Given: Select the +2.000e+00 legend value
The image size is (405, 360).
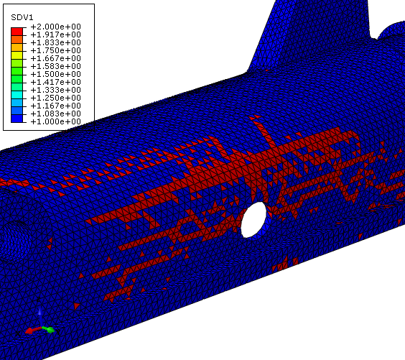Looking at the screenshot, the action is [x=56, y=27].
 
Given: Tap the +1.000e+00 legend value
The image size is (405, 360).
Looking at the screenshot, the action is [x=56, y=121].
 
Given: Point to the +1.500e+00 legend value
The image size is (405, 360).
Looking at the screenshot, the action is [x=56, y=74].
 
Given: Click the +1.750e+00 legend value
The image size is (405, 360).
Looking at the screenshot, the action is [x=56, y=50].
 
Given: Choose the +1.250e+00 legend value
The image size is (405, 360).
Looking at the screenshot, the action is [x=56, y=98].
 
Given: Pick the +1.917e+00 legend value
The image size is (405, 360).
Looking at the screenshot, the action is [x=56, y=34].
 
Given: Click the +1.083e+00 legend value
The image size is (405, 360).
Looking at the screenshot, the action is [x=56, y=114].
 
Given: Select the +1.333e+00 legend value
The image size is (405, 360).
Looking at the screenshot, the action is [x=56, y=90].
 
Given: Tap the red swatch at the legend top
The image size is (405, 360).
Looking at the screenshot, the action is [x=17, y=32].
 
